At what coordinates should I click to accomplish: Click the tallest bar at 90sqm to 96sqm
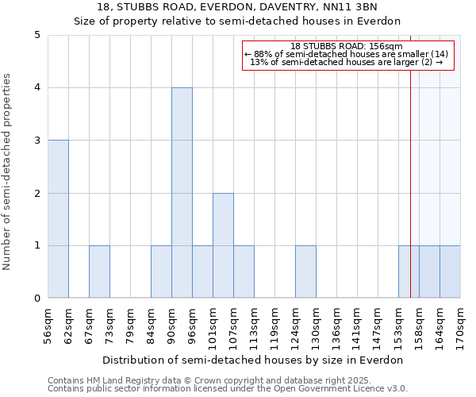(x=182, y=193)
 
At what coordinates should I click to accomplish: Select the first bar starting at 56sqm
(x=58, y=219)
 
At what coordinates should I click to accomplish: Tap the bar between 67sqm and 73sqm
(x=99, y=272)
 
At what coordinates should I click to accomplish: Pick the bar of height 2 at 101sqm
(x=223, y=245)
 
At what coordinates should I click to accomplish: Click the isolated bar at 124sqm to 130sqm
(x=305, y=272)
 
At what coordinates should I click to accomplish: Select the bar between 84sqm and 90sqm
(x=161, y=272)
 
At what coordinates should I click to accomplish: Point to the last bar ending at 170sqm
(x=450, y=272)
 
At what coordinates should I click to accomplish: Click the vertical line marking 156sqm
(x=410, y=159)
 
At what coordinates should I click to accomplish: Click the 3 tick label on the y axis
(x=37, y=141)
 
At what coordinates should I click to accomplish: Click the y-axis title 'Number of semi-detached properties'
(x=8, y=172)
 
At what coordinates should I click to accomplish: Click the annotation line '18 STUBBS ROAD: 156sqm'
(x=347, y=46)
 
